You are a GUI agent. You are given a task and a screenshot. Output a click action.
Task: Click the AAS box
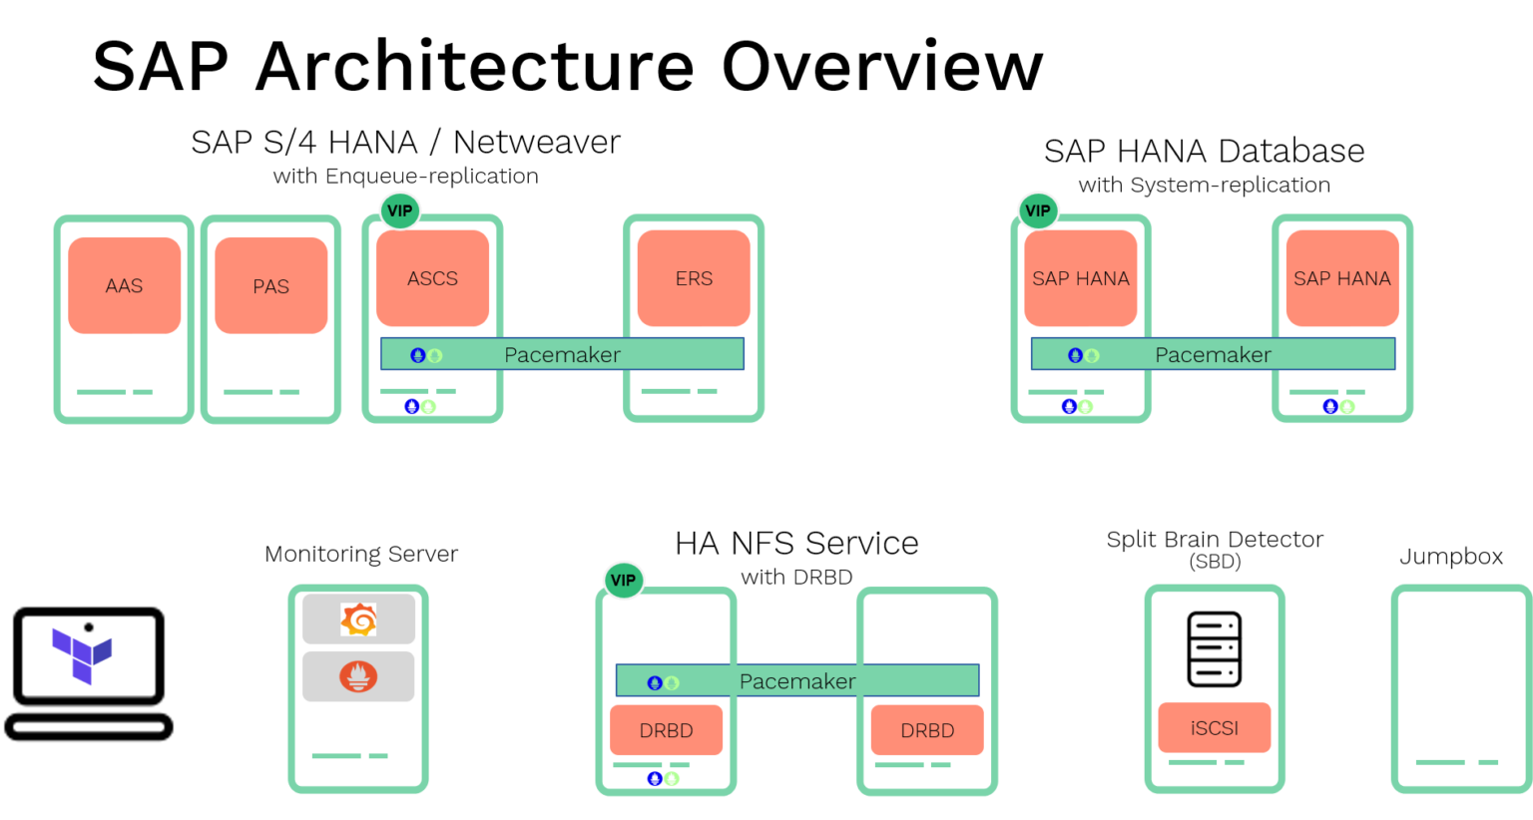point(124,285)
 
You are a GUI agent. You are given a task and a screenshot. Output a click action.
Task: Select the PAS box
point(270,285)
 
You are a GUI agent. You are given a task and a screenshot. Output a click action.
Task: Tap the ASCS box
point(432,278)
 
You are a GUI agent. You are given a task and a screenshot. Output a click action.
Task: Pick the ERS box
point(694,278)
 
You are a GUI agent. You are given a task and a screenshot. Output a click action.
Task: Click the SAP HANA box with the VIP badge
point(1080,278)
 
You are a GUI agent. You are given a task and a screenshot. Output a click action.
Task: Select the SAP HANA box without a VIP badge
point(1341,278)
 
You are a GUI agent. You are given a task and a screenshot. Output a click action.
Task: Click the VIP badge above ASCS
point(399,211)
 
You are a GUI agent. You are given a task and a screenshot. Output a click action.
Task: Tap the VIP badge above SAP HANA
point(1038,211)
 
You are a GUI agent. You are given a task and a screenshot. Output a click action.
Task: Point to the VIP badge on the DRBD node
point(623,581)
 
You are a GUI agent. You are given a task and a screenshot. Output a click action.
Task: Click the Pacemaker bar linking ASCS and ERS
point(562,354)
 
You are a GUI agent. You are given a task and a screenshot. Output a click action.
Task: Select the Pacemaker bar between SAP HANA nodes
point(1213,354)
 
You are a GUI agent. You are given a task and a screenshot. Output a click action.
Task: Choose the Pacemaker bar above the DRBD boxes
point(796,681)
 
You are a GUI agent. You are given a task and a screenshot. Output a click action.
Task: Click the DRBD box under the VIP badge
point(666,730)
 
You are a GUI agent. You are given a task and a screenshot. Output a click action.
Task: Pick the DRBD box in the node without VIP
point(927,730)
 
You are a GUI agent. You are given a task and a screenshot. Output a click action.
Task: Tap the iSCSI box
point(1214,728)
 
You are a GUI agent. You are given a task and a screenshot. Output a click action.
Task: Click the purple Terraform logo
point(82,654)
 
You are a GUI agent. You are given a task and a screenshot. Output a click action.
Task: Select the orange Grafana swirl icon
point(358,619)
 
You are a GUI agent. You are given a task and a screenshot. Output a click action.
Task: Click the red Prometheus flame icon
point(358,676)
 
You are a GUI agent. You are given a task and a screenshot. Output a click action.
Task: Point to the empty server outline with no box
point(1460,688)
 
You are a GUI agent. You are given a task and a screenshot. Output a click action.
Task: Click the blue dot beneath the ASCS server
point(411,406)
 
